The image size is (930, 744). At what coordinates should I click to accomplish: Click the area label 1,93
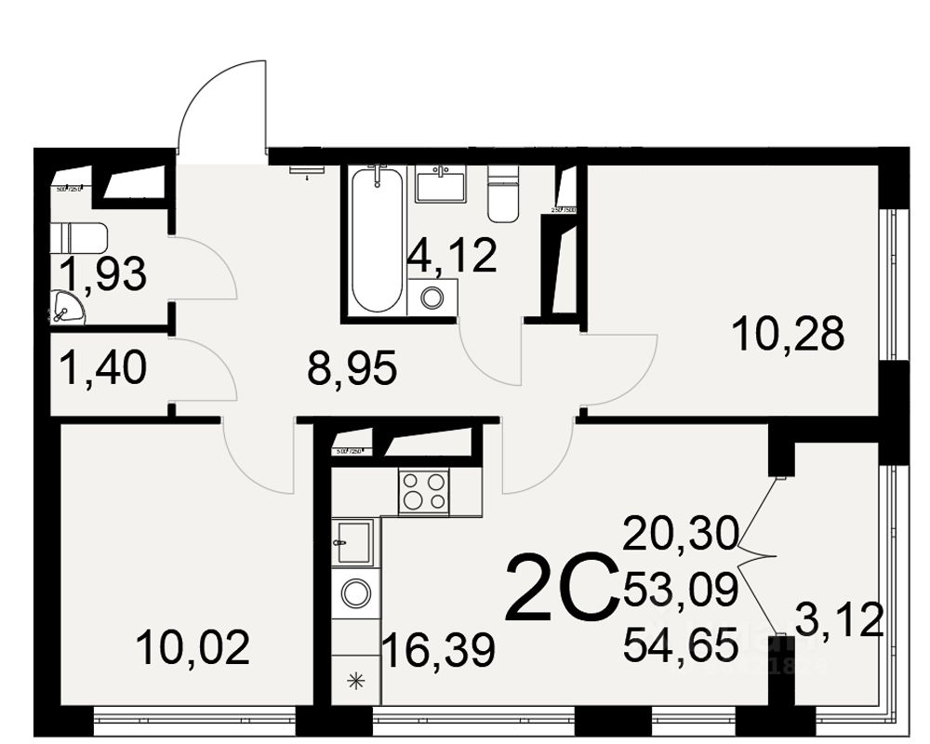[x=102, y=275]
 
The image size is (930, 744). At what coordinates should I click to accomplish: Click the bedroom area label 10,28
[x=788, y=332]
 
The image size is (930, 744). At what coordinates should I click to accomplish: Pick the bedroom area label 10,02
[x=193, y=646]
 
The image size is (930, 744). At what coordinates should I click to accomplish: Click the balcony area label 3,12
[x=838, y=619]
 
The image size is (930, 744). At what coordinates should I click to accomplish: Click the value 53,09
[x=681, y=589]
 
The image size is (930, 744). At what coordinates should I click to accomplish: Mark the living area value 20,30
[x=681, y=534]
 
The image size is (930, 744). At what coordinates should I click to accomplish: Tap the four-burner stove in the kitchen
[x=423, y=490]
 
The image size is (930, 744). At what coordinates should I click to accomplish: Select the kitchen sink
[x=354, y=541]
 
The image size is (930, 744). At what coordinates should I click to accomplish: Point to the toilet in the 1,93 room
[x=79, y=238]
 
